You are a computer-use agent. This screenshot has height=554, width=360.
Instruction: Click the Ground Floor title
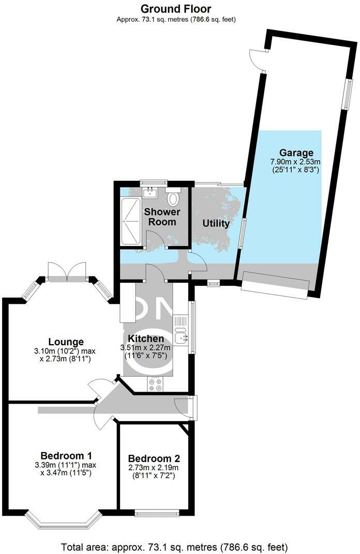click(176, 9)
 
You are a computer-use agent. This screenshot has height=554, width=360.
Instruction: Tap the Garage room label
click(296, 153)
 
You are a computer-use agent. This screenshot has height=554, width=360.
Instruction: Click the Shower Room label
click(162, 217)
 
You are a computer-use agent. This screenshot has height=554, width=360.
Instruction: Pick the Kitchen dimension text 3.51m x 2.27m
click(149, 348)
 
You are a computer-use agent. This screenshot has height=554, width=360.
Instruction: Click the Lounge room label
click(66, 342)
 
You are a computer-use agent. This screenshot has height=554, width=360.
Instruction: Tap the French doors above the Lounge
click(66, 270)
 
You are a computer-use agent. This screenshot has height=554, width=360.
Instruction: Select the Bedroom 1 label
click(66, 456)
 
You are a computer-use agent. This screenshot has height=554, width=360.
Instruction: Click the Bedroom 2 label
click(154, 458)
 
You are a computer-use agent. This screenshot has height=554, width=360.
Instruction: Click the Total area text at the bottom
click(174, 546)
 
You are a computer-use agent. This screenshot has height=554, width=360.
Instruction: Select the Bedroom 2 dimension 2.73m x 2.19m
click(154, 468)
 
